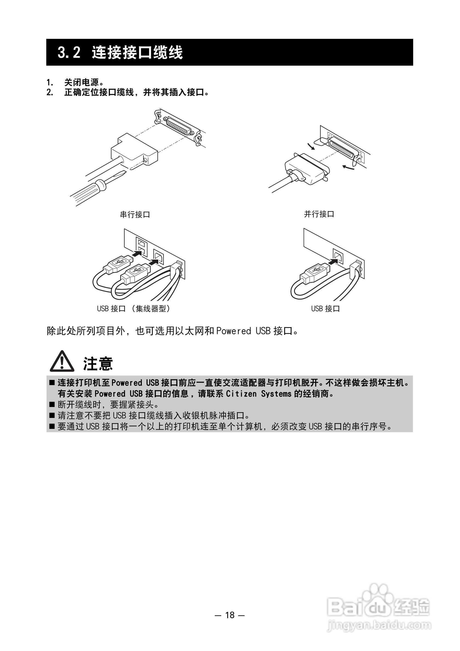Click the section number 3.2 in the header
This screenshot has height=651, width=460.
[69, 53]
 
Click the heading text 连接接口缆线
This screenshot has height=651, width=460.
[137, 53]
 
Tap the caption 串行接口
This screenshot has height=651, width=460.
[135, 214]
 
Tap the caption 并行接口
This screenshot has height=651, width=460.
[319, 214]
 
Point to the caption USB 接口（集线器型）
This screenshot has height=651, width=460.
[133, 309]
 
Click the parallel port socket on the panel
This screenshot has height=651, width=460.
[343, 148]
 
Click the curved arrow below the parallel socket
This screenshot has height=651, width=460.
[348, 168]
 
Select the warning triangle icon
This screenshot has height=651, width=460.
[62, 362]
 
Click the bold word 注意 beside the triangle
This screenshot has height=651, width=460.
[98, 364]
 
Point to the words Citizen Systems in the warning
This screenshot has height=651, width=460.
[258, 394]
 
